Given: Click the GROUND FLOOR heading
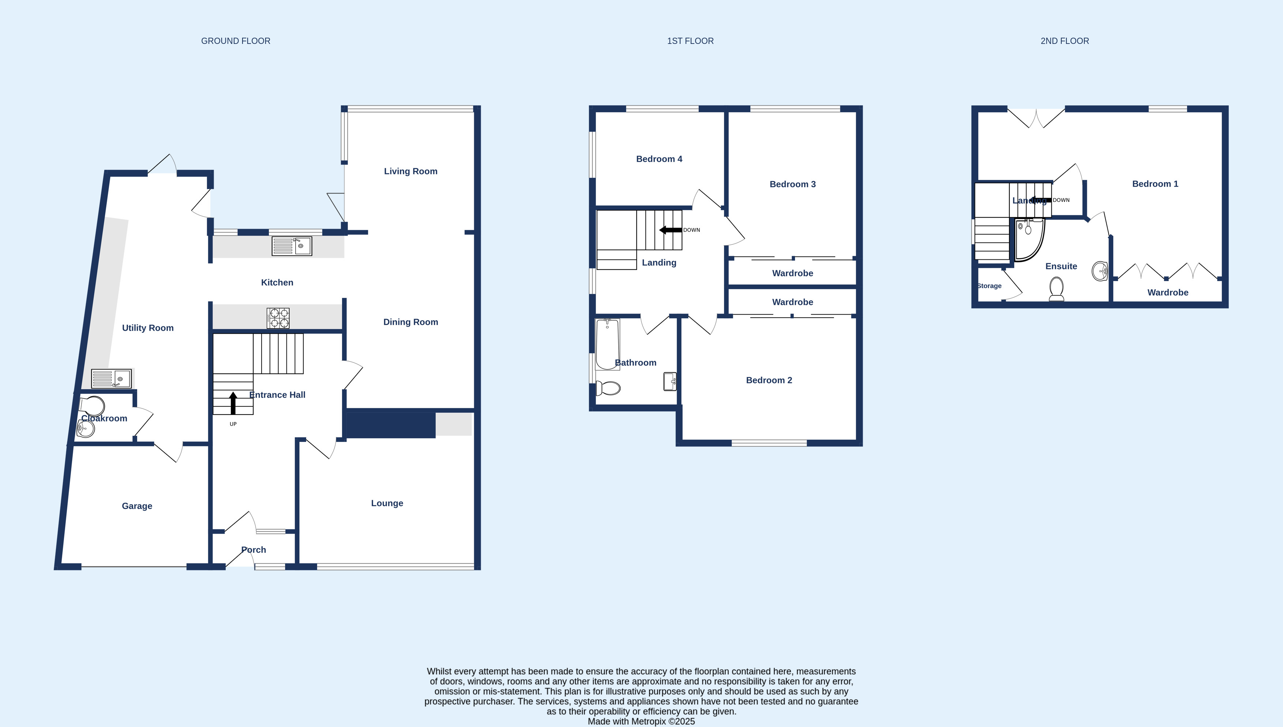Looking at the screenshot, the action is coord(236,41).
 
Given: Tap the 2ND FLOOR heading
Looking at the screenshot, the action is coord(1064,41).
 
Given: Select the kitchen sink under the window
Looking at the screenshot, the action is coord(292,246).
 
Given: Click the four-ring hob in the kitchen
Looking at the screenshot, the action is coord(278,318).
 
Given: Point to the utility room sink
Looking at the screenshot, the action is coord(111,378).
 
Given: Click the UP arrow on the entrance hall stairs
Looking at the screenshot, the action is coord(233,403).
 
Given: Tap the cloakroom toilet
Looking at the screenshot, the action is coord(92,406).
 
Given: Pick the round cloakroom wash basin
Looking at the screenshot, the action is coord(86,428).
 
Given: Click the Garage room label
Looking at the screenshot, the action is coord(137,506).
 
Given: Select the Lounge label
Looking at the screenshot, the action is coord(387,503).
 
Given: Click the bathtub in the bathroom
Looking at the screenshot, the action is coord(608,344).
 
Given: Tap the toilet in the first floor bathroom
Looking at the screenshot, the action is coord(608,388).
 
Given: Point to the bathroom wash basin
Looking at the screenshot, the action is coord(670,382).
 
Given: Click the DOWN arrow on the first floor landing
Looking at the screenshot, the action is coord(671,230).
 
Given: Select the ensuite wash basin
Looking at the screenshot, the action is coord(1100,271).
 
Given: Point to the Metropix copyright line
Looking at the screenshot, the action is coord(641,721).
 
